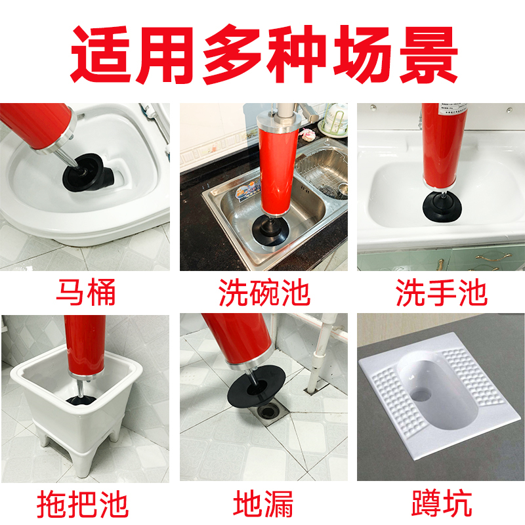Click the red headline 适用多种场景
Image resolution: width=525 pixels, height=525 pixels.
(x=264, y=54)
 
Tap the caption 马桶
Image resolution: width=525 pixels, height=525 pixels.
(x=86, y=292)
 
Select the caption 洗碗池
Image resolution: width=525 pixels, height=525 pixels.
(x=264, y=292)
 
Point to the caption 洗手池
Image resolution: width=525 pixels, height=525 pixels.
(x=441, y=292)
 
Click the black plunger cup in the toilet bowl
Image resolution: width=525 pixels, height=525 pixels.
(x=89, y=173)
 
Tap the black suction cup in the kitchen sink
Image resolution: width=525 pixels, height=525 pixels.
(x=271, y=230)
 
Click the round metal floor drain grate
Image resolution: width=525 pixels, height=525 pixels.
(x=269, y=411)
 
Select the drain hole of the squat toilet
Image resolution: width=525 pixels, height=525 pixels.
(x=421, y=395)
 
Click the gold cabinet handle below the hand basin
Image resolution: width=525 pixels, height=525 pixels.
(x=494, y=257)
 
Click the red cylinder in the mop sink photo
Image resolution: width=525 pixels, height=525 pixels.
(x=86, y=346)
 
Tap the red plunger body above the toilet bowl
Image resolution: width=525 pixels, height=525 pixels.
(x=36, y=126)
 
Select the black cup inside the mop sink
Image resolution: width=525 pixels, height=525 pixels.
(x=81, y=401)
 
